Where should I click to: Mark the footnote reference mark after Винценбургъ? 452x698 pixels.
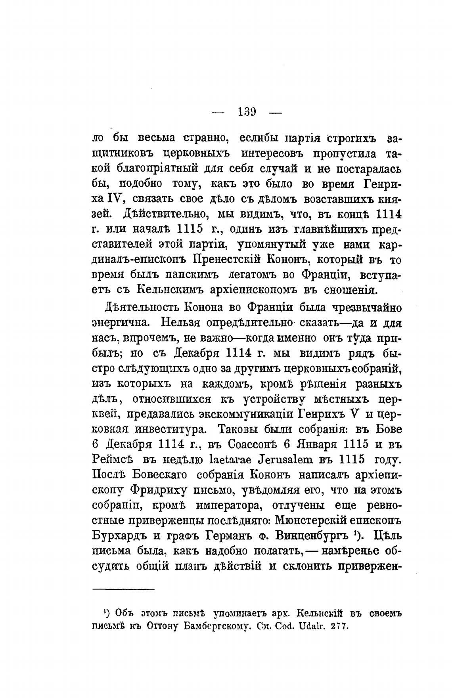(x=357, y=533)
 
